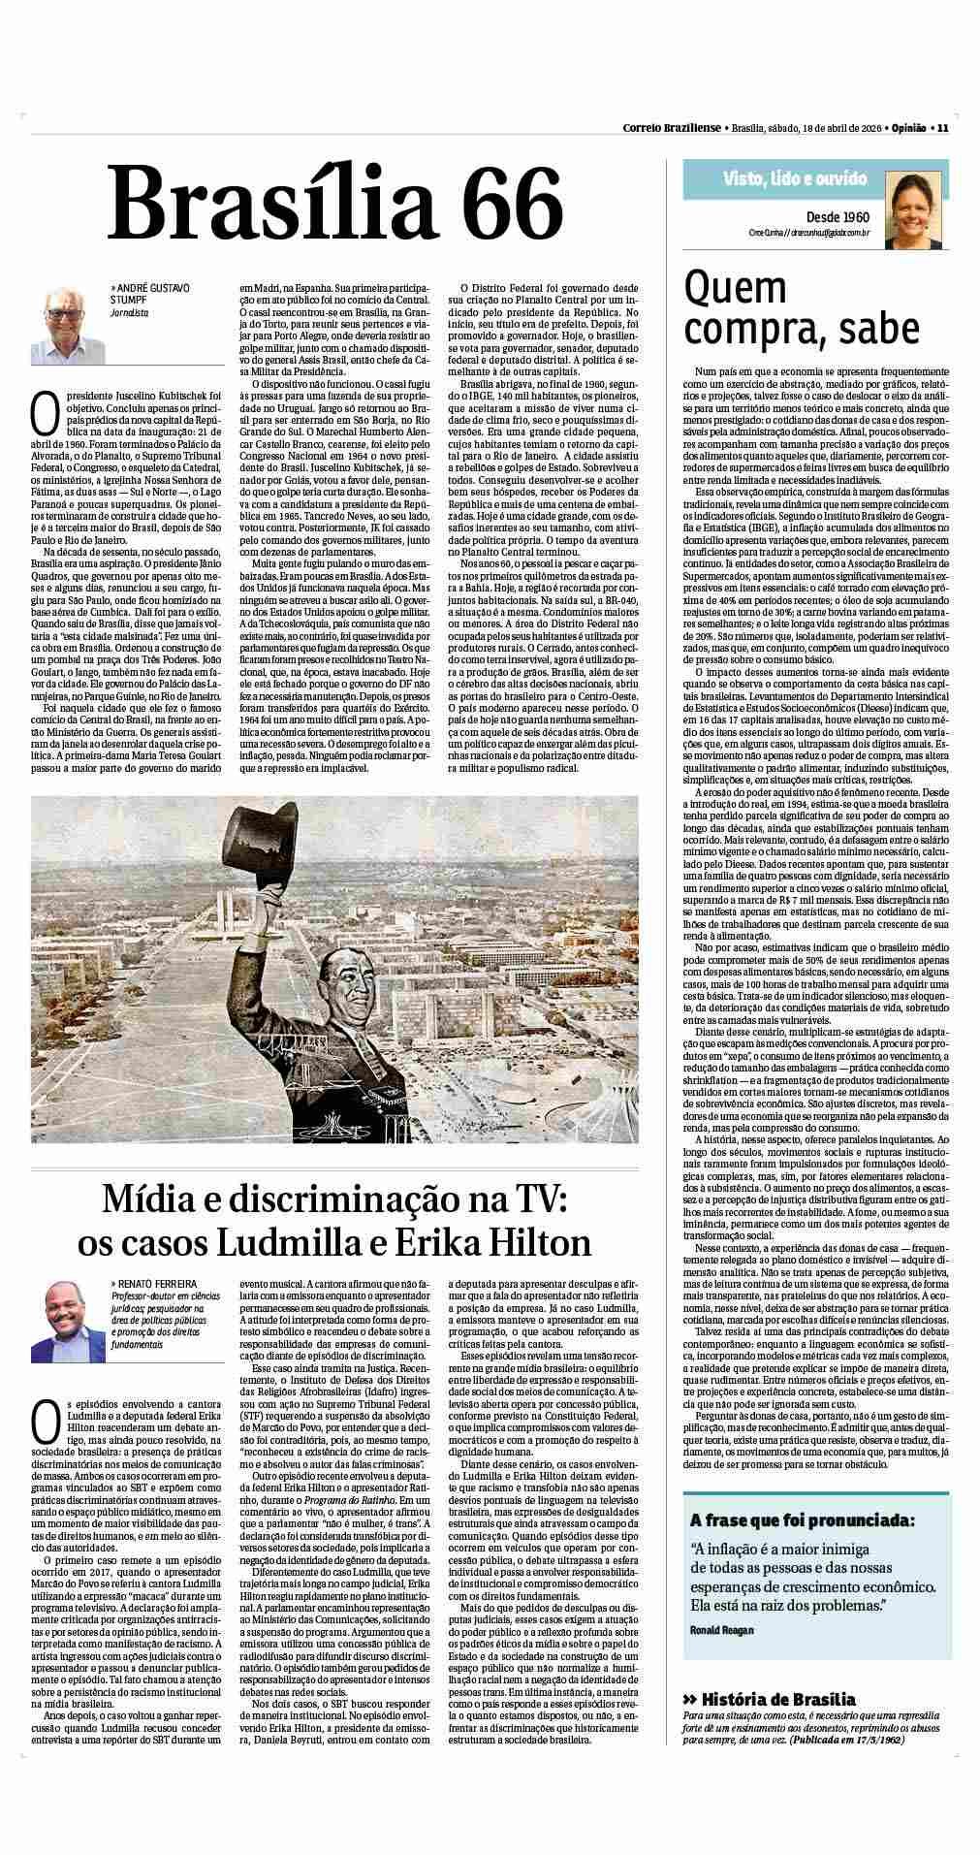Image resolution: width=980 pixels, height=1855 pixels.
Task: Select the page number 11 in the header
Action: coord(942,128)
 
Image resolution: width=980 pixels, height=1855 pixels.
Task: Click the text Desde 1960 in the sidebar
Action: coord(838,216)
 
